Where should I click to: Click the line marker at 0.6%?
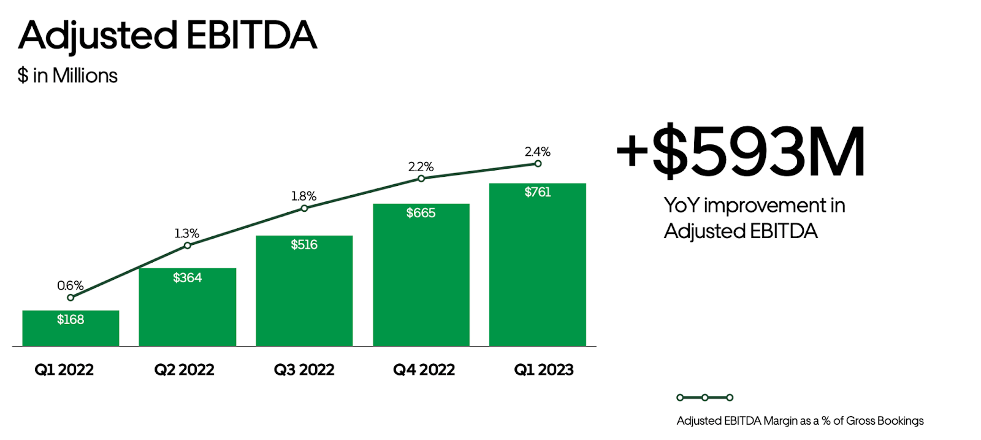(71, 298)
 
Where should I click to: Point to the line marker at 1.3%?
(188, 245)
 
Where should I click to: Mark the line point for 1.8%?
(304, 208)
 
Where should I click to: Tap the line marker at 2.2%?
(421, 179)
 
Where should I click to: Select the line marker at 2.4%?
(538, 164)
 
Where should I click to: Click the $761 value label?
(538, 192)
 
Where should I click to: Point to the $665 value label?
(421, 213)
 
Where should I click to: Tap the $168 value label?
(71, 320)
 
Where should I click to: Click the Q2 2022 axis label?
(184, 369)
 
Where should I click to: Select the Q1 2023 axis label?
(543, 369)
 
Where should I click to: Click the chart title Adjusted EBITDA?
(167, 35)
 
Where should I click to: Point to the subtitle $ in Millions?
(67, 75)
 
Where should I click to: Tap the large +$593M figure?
(741, 151)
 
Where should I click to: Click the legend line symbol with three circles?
(705, 398)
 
